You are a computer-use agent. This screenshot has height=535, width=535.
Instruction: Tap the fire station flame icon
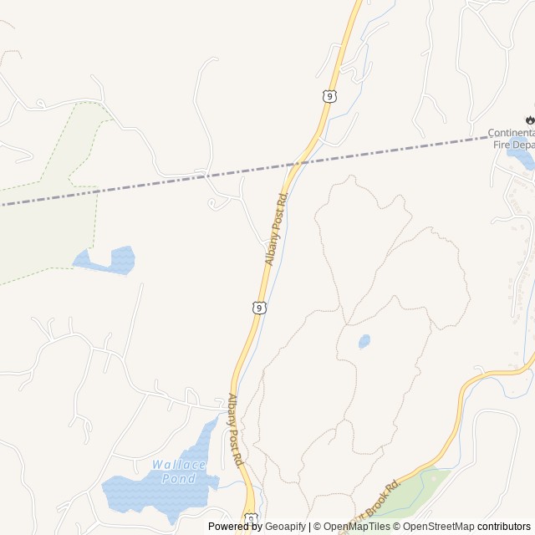(x=530, y=120)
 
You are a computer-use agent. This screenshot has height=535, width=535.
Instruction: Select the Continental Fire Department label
(x=511, y=139)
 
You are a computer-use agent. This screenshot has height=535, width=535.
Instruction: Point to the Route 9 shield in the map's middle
(x=260, y=308)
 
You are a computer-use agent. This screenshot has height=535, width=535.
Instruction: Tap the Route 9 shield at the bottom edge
(x=250, y=521)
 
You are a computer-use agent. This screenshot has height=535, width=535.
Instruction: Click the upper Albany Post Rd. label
(x=277, y=228)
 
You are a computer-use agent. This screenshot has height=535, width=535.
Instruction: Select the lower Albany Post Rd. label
(x=236, y=430)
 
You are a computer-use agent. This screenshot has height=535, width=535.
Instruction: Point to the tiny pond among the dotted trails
(x=364, y=341)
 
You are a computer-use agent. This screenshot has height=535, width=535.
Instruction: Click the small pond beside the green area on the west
(x=109, y=261)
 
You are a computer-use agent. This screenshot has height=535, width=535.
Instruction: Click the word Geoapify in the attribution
(x=285, y=527)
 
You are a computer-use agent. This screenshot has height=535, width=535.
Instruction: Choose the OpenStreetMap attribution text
(x=438, y=527)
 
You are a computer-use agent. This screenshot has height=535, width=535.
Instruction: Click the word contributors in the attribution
(x=504, y=527)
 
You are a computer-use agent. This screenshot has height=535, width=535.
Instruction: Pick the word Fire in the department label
(x=500, y=145)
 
